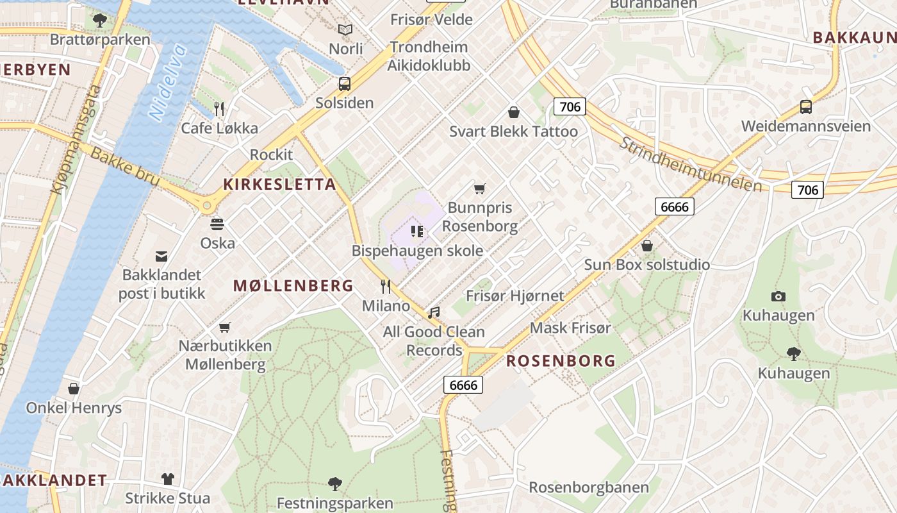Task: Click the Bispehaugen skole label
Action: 417,251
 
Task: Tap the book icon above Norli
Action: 345,29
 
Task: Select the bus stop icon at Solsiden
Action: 345,83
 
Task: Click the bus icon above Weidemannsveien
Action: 806,107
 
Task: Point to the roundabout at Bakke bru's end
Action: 206,206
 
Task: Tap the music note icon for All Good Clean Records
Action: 434,312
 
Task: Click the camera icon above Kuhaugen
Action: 778,296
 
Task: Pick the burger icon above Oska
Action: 217,224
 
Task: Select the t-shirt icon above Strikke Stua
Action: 167,478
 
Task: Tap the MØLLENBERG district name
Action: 293,286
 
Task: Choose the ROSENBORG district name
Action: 561,361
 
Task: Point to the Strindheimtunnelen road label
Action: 691,164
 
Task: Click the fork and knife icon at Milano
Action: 386,287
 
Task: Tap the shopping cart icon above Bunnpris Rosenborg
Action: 479,189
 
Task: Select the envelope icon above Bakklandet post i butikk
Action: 161,256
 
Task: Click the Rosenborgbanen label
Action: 589,487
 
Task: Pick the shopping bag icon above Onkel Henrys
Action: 74,389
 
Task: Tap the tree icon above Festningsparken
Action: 334,484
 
